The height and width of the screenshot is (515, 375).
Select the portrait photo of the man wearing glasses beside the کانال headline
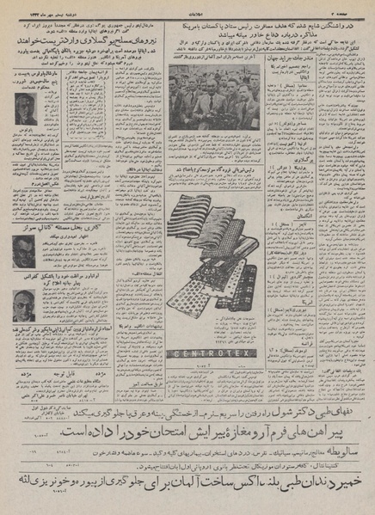[x=24, y=250]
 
